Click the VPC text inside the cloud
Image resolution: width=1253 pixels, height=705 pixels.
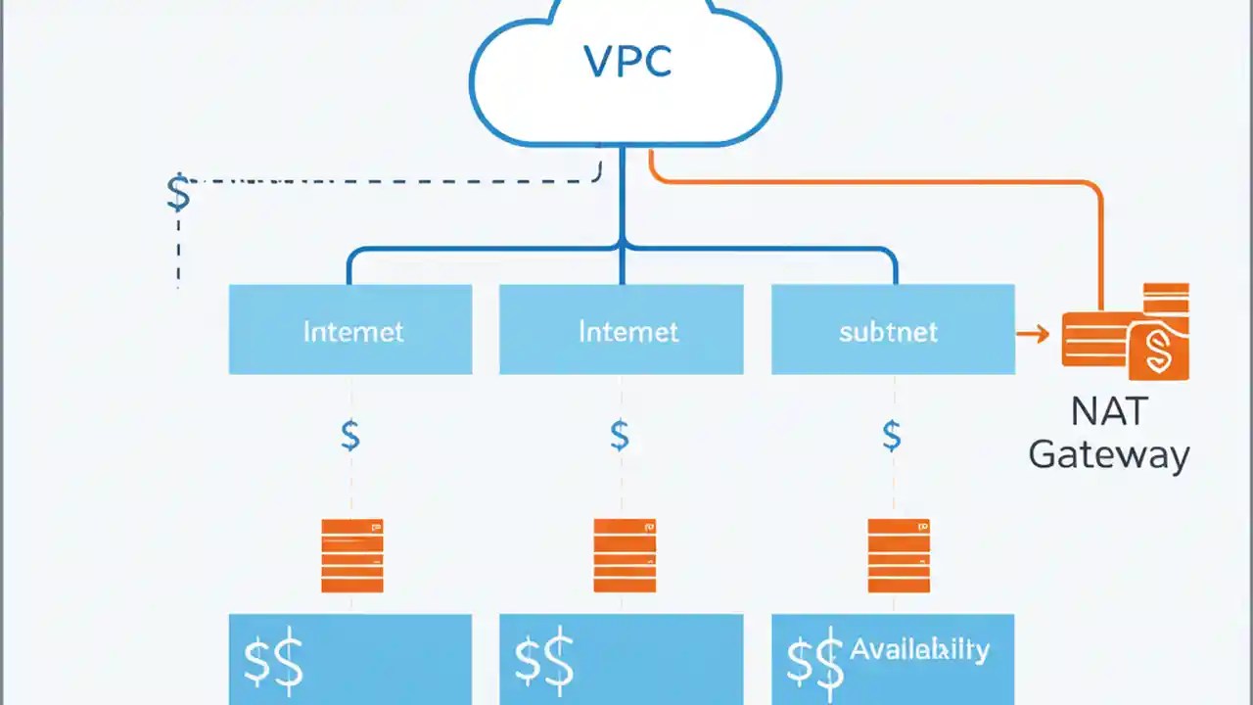(x=627, y=62)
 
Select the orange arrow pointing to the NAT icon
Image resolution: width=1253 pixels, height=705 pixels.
(x=1032, y=335)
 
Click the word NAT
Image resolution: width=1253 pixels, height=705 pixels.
(x=1108, y=412)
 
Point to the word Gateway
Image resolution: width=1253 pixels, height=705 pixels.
(x=1109, y=455)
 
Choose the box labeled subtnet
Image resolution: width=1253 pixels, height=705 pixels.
(x=892, y=330)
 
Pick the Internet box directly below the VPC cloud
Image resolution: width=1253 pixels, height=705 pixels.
(x=621, y=330)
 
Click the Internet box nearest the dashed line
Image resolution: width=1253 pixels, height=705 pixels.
(x=350, y=330)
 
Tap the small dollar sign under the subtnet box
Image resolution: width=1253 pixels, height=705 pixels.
(x=891, y=434)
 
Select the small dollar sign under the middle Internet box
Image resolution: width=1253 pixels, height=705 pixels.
(x=620, y=434)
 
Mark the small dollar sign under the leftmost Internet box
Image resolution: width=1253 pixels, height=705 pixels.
(x=349, y=434)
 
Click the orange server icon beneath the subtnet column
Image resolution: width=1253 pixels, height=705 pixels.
(x=899, y=555)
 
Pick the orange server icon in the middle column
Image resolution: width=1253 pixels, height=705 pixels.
(x=625, y=555)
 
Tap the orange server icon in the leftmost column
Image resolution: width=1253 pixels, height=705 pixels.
(x=352, y=555)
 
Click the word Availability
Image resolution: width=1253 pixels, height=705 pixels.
(x=919, y=649)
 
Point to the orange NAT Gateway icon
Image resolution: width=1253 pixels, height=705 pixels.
(x=1126, y=333)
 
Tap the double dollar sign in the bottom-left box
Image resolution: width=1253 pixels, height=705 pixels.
(x=273, y=662)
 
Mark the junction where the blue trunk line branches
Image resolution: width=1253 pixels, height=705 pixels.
(x=622, y=246)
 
